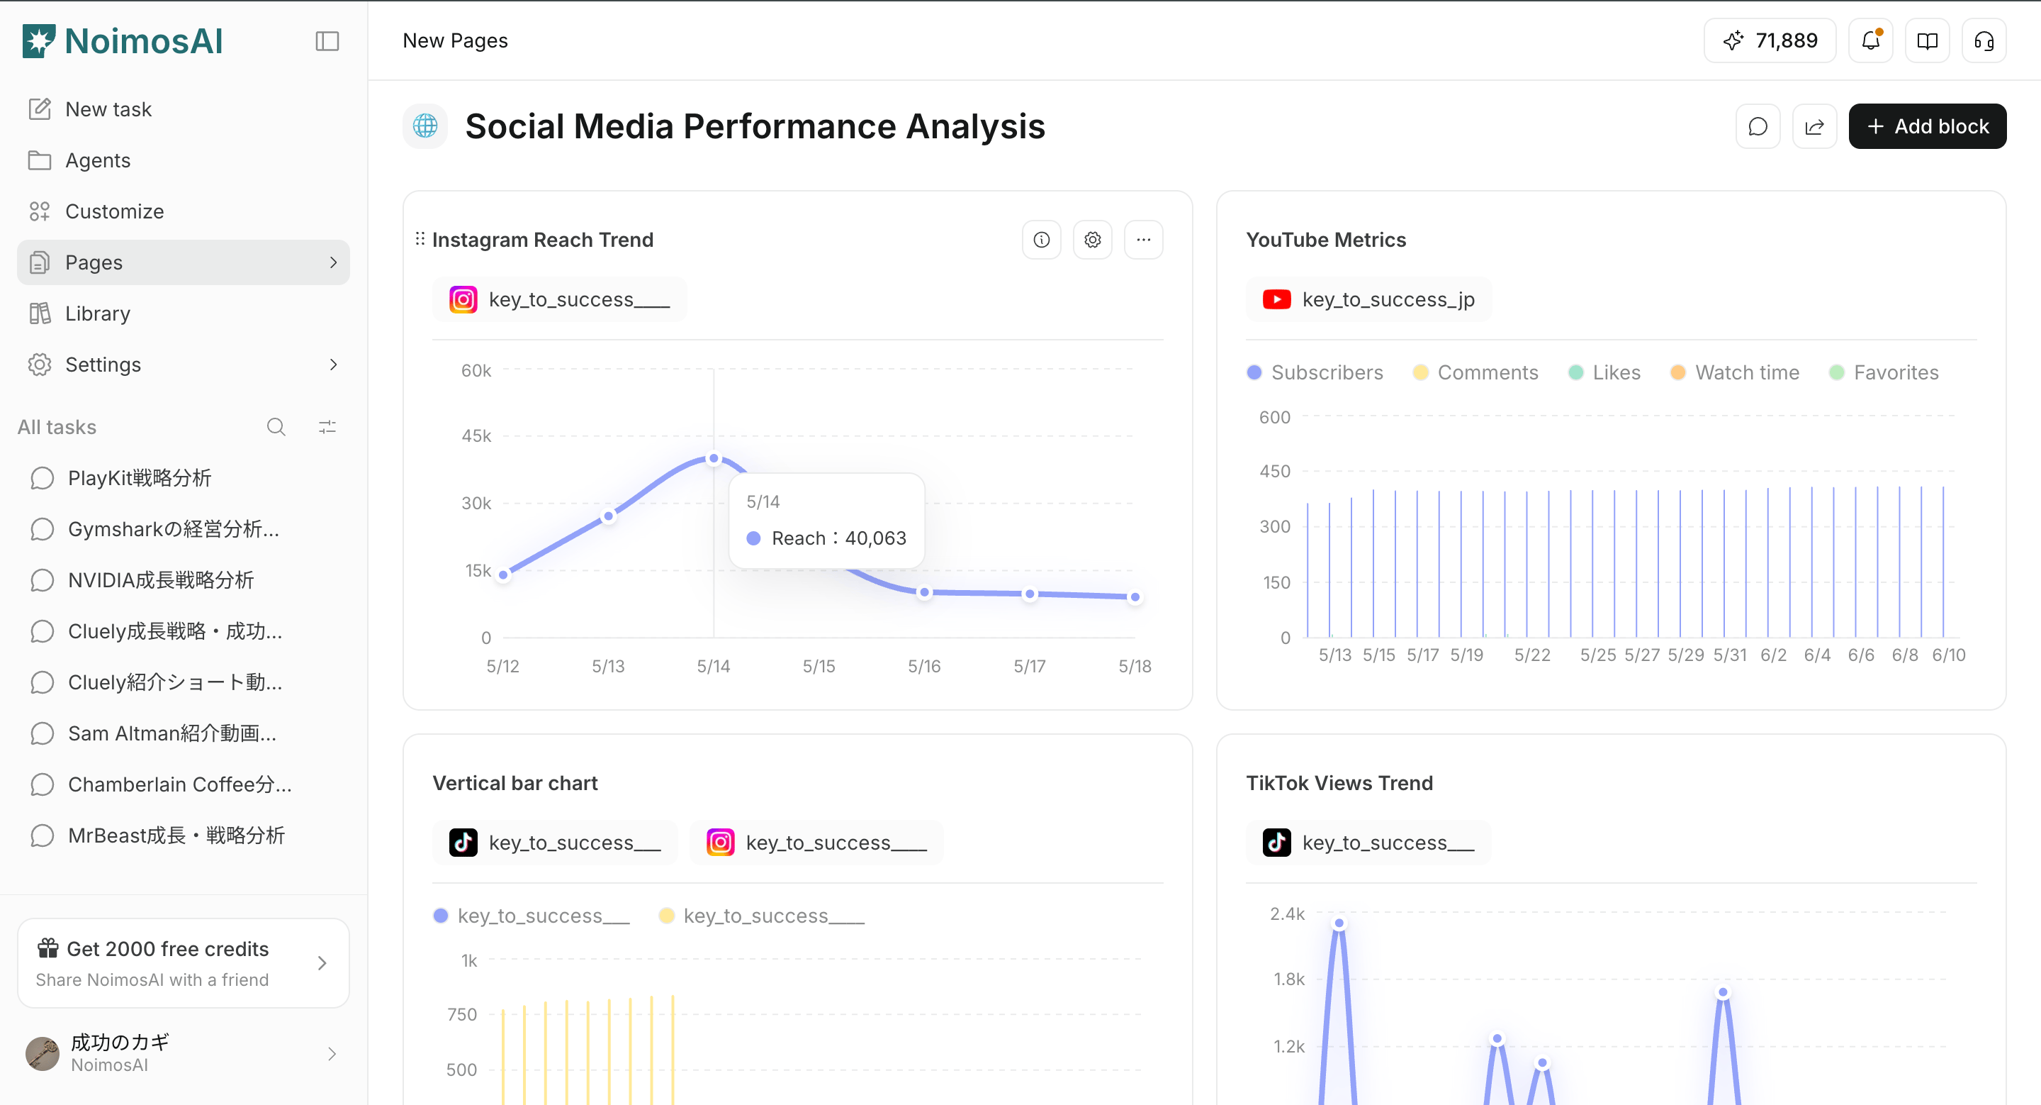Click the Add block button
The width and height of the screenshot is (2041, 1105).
(1927, 126)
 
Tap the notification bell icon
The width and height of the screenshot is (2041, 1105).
(1871, 40)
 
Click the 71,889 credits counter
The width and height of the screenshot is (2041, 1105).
(1770, 40)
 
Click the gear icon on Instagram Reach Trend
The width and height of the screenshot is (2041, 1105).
(1093, 240)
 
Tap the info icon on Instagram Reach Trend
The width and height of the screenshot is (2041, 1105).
(1042, 240)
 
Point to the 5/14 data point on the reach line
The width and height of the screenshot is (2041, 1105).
(714, 458)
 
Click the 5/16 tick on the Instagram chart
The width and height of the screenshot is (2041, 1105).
(924, 666)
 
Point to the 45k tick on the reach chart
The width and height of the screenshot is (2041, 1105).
(476, 436)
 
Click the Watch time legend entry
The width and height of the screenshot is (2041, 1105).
(1734, 372)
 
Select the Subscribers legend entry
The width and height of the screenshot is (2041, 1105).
(1315, 372)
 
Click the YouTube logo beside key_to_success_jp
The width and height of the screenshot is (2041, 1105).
(1276, 299)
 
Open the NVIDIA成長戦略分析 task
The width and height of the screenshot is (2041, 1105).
(161, 580)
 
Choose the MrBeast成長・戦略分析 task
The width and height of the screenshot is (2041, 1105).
(176, 835)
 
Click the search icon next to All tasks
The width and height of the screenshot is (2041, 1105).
(276, 427)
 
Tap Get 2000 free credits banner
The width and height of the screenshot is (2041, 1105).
(183, 963)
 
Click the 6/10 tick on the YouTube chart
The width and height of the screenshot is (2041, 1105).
(1948, 655)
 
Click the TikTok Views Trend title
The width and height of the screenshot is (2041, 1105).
(1339, 783)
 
